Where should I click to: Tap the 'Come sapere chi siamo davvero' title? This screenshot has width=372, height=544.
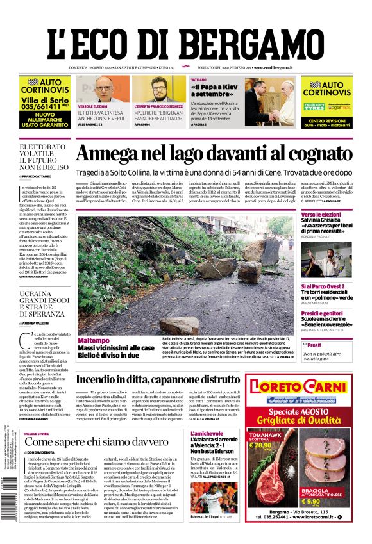pyautogui.click(x=88, y=442)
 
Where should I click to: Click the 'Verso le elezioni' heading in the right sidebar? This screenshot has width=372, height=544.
pyautogui.click(x=321, y=214)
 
